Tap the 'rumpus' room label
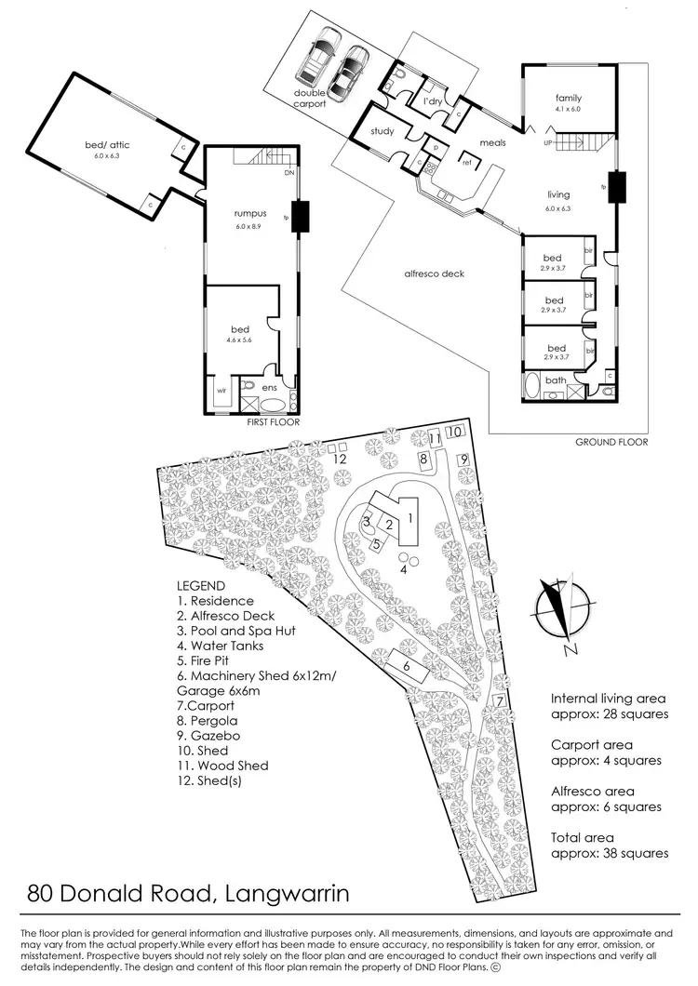[x=250, y=213]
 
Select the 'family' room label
[x=569, y=98]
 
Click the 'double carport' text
[x=310, y=99]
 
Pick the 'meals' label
[x=492, y=143]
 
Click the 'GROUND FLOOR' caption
[x=611, y=442]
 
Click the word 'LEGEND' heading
[x=201, y=586]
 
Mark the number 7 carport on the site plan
[x=500, y=700]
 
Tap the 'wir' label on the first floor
[x=221, y=392]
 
